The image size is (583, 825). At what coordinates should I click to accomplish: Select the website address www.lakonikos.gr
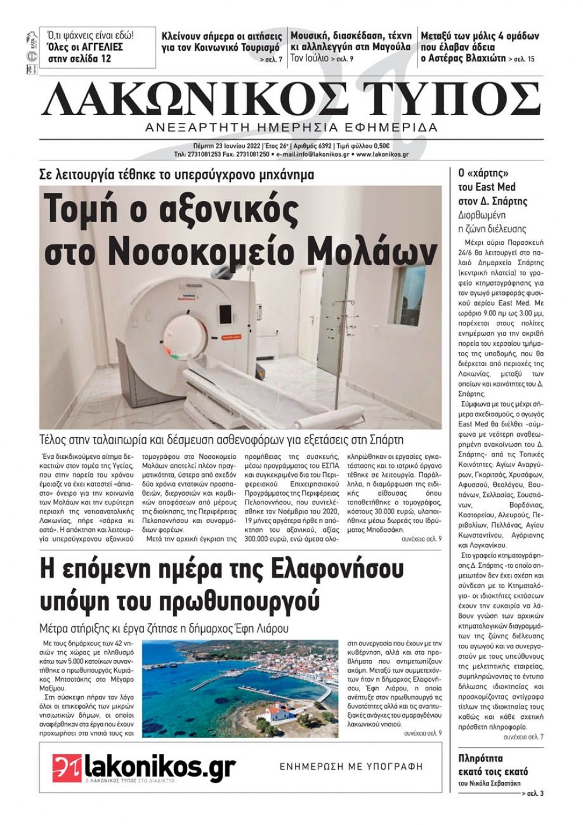click(x=382, y=155)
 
